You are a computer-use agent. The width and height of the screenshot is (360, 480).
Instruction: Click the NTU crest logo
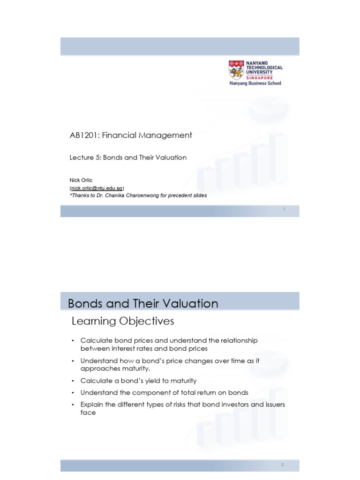coord(236,70)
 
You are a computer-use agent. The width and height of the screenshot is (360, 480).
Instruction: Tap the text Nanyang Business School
coord(255,83)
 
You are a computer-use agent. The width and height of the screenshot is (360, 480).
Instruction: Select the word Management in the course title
coord(170,135)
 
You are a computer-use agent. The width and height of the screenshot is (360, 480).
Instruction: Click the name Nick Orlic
coord(81,180)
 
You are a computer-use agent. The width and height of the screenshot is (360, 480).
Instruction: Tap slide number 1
coord(284,210)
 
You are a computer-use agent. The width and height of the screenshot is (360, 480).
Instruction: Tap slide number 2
coord(283,465)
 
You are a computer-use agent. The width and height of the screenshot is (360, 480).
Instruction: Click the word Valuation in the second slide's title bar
coord(195,303)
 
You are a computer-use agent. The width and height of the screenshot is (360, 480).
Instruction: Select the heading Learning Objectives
coord(122,321)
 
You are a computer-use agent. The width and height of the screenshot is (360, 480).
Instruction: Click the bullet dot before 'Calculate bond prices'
coord(73,341)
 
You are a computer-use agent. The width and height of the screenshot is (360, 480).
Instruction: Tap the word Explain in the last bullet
coord(92,404)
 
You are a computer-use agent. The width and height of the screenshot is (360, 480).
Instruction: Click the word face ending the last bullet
coord(88,412)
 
